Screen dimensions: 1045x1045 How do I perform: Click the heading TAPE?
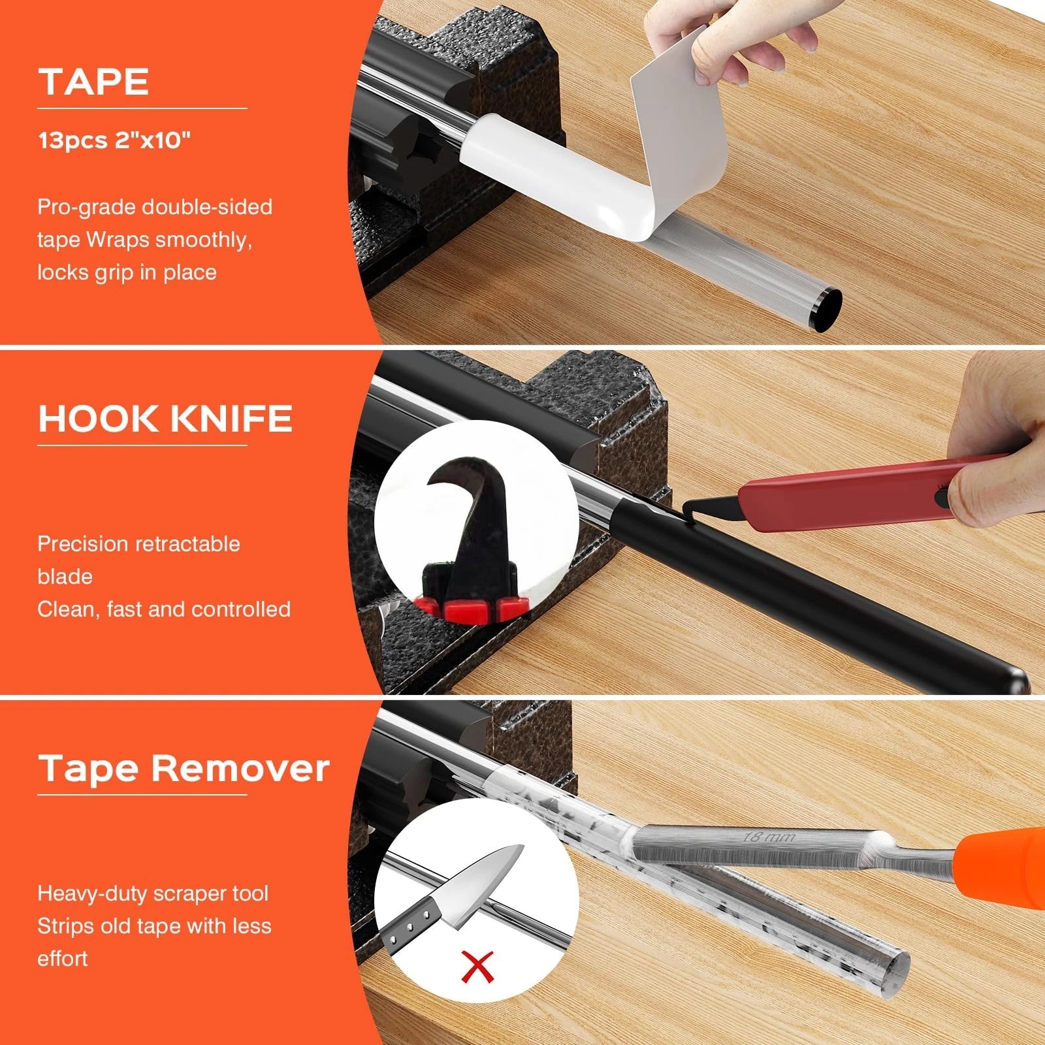(94, 82)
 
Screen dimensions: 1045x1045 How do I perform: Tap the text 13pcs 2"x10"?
(114, 140)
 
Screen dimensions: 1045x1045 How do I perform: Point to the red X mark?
(477, 967)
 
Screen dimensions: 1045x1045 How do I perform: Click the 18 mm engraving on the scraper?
(769, 836)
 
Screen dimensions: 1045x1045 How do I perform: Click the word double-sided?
(207, 207)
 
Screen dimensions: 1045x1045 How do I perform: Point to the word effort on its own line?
(63, 959)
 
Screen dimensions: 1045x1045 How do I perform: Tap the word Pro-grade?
(87, 208)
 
